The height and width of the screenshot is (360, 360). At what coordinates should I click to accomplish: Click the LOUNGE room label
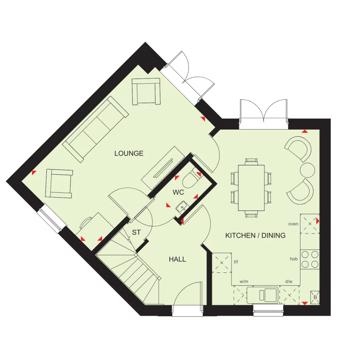[x=129, y=153]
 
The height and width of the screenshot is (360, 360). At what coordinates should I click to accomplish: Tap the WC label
[x=178, y=192]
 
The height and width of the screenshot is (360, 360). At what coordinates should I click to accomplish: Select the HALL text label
[x=177, y=259]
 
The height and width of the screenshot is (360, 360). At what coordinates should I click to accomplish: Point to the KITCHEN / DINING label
[x=255, y=235]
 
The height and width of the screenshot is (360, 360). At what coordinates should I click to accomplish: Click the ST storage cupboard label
[x=136, y=232]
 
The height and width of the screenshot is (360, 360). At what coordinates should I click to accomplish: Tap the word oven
[x=293, y=224]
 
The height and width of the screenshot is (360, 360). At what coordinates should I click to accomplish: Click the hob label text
[x=294, y=259]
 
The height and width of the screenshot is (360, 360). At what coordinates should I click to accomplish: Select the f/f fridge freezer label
[x=236, y=262]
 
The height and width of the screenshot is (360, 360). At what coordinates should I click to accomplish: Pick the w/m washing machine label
[x=244, y=282]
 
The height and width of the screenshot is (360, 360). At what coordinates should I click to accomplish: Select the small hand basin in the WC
[x=181, y=206]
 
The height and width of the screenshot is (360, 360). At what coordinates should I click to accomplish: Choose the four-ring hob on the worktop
[x=310, y=259]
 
